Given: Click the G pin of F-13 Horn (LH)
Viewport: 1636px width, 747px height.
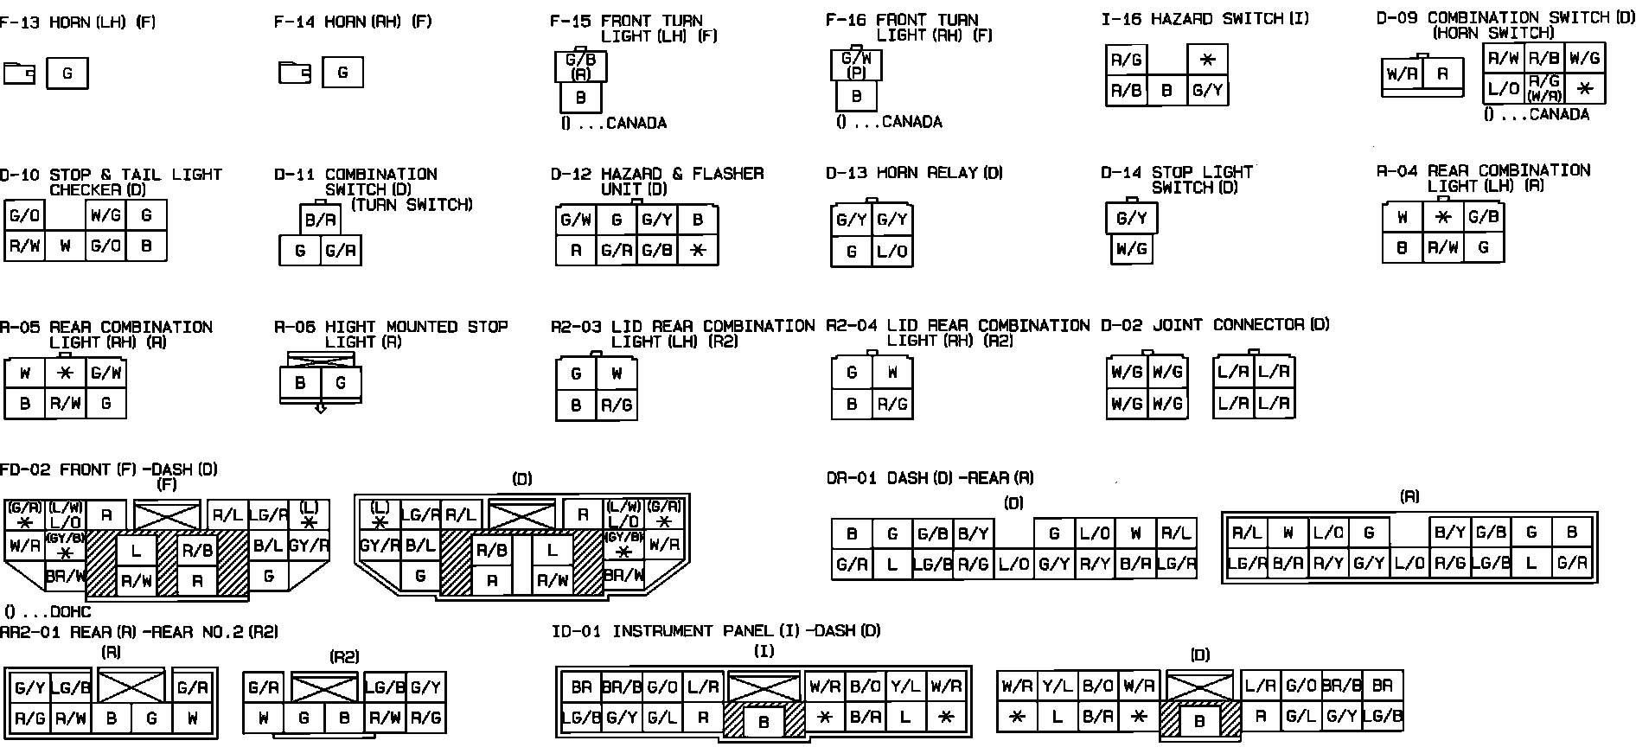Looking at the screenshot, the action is (67, 73).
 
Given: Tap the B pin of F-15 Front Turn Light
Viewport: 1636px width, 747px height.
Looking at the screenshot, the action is (580, 98).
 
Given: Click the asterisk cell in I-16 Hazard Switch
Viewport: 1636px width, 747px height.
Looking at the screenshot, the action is (1207, 60).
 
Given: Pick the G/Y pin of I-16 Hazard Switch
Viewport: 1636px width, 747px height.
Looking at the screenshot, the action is (1207, 90).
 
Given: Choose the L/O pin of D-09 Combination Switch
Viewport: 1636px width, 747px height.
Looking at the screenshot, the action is (1503, 88).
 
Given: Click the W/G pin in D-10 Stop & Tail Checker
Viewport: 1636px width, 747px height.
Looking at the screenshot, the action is (105, 215).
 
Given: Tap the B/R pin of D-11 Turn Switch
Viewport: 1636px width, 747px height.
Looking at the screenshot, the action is (320, 220).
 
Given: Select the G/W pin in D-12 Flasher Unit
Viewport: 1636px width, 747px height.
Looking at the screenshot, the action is (576, 220).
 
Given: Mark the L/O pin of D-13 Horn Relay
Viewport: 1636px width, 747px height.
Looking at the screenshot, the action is (891, 252).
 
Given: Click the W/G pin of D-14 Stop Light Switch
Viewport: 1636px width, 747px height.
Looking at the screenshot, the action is (1131, 249).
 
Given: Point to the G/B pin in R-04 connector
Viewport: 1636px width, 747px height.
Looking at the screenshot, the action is (1483, 217).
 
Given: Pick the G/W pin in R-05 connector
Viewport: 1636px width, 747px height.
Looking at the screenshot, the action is (105, 373).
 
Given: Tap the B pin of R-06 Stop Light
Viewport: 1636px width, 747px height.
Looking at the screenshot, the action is (300, 383).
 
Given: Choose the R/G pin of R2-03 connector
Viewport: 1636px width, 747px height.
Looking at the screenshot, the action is (617, 405).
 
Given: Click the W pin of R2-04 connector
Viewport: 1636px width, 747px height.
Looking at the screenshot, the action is (892, 373).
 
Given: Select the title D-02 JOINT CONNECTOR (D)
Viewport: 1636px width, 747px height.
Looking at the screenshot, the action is (1215, 325).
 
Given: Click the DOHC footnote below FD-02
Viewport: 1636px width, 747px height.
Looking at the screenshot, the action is (48, 612).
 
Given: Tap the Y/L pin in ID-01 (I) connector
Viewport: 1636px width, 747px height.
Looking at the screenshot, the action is (904, 686).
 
